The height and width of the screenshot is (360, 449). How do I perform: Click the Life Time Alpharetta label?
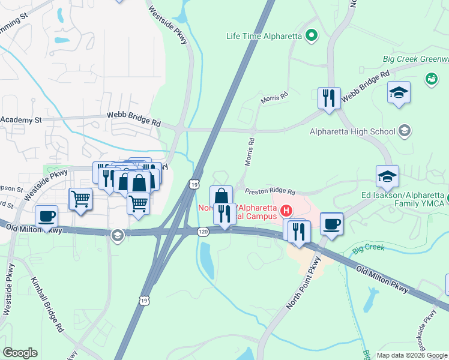(x=264, y=36)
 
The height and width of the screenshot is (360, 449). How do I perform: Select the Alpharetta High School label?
(x=352, y=131)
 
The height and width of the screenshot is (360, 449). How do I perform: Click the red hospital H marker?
(x=286, y=211)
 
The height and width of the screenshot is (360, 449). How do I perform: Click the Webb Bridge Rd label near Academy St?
(x=134, y=121)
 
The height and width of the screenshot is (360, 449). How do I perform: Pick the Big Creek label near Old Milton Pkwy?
(x=368, y=247)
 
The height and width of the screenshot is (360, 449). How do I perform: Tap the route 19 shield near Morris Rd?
(x=193, y=185)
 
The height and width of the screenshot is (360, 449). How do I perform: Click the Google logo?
(x=20, y=353)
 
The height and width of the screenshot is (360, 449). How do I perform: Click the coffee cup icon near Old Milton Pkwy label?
(x=46, y=216)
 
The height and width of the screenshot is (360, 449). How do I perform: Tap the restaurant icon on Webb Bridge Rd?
(x=329, y=98)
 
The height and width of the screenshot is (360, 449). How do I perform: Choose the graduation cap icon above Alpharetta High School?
(x=399, y=93)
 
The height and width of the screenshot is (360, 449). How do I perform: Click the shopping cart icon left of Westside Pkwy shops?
(x=80, y=198)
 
